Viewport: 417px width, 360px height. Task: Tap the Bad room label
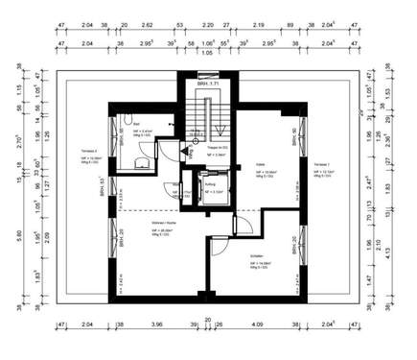[x=137, y=125]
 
